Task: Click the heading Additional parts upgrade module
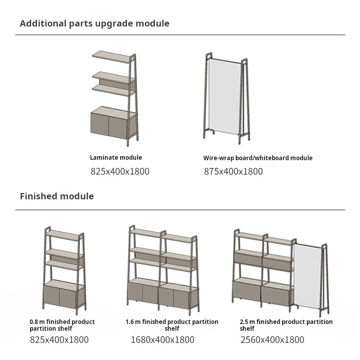94,23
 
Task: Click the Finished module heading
57,196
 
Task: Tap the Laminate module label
116,157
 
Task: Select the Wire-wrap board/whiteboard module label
257,158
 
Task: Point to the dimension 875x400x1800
233,171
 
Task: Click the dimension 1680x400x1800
162,340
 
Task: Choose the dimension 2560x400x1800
272,340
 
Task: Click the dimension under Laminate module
120,171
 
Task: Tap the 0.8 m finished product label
62,325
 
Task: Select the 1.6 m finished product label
172,325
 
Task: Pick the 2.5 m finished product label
286,325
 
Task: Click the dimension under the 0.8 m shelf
59,340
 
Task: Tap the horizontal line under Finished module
180,210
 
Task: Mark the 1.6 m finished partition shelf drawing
163,270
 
